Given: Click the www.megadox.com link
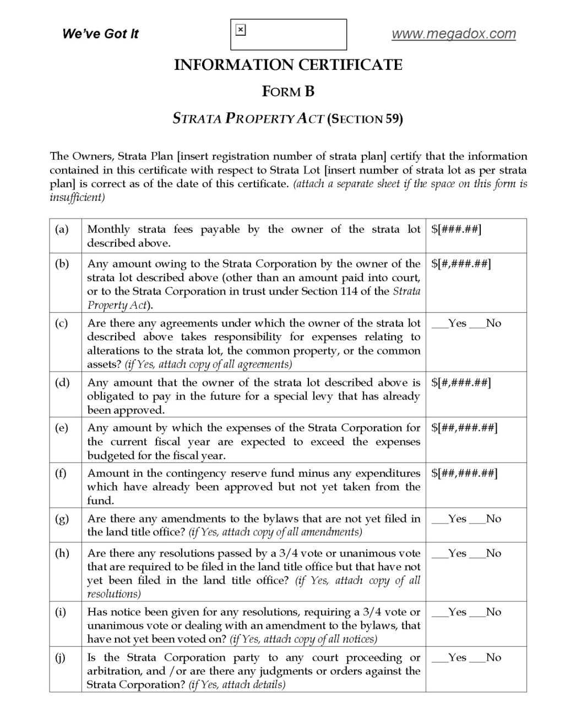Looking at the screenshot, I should [x=454, y=34].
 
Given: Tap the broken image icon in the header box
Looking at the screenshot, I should [x=240, y=30].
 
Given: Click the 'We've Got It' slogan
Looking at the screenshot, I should [x=100, y=34].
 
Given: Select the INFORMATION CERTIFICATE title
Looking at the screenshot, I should [x=288, y=65].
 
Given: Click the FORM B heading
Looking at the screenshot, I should [x=288, y=91].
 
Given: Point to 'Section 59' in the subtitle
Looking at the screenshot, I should [x=365, y=118].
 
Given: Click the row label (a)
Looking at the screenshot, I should [x=62, y=230].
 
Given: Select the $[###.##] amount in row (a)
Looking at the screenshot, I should [x=457, y=230].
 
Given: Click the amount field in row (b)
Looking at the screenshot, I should [x=461, y=264].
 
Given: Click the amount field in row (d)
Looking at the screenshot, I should [x=461, y=383].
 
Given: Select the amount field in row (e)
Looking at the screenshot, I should [x=464, y=428].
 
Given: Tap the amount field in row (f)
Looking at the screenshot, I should [x=464, y=473].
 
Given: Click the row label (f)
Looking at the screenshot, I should [x=61, y=473].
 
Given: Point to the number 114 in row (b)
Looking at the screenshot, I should [x=349, y=291].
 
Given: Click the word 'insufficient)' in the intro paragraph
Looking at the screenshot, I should [x=77, y=198].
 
